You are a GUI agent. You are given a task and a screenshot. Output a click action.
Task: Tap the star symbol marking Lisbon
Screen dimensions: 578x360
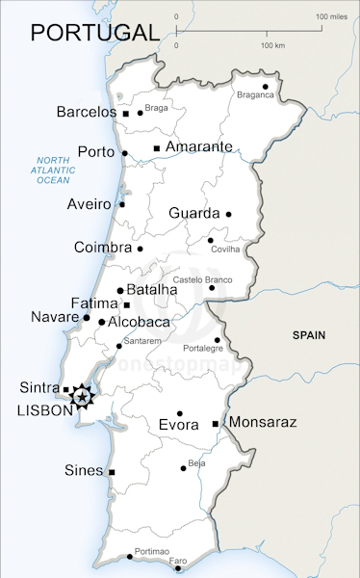click(x=83, y=396)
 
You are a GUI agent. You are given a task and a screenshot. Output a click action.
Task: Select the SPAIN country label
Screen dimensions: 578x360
click(x=309, y=335)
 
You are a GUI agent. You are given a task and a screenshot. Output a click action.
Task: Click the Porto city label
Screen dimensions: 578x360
click(x=95, y=152)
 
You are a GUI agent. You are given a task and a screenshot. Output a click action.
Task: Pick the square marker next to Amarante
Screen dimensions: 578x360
click(x=156, y=147)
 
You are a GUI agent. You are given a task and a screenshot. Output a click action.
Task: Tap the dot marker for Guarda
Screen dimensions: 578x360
click(x=229, y=214)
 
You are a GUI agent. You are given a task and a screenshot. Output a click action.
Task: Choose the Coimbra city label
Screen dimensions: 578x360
click(x=102, y=248)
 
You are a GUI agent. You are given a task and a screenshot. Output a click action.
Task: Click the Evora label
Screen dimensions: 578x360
click(x=178, y=425)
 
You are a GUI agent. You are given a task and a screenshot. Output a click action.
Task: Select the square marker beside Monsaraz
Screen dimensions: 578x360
click(x=215, y=423)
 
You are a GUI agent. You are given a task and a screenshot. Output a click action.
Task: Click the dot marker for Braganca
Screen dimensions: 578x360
click(x=266, y=87)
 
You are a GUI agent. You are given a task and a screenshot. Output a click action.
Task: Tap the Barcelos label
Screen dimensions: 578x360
click(x=86, y=113)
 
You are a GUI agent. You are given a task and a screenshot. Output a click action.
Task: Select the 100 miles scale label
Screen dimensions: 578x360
click(x=331, y=16)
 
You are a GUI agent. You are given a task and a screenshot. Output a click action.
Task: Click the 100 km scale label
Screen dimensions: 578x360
click(x=272, y=45)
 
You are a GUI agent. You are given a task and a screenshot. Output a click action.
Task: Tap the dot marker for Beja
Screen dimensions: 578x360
click(x=183, y=469)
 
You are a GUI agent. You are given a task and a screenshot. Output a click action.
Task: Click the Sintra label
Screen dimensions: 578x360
click(x=39, y=388)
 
